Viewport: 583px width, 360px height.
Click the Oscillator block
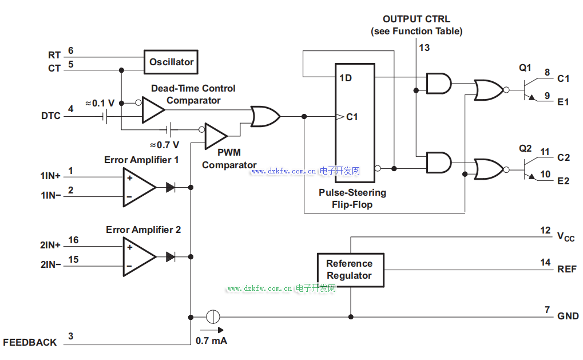(171, 62)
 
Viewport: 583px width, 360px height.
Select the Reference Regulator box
(350, 270)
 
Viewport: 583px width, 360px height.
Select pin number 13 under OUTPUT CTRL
(424, 48)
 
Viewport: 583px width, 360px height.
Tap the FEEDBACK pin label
(30, 342)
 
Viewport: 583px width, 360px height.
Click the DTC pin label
(50, 116)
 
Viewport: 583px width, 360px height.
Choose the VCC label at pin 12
(566, 236)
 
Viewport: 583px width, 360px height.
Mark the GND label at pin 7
(568, 316)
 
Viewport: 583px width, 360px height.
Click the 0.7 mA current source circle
(213, 316)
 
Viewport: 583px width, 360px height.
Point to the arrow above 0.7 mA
(212, 330)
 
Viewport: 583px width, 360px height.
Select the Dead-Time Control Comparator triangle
(152, 109)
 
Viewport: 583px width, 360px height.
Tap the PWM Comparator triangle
(215, 136)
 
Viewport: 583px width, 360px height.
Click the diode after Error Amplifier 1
(170, 187)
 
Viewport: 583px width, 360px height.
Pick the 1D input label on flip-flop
(345, 78)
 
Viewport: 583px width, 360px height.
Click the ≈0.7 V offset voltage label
(164, 145)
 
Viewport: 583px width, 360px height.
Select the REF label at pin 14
(567, 269)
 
